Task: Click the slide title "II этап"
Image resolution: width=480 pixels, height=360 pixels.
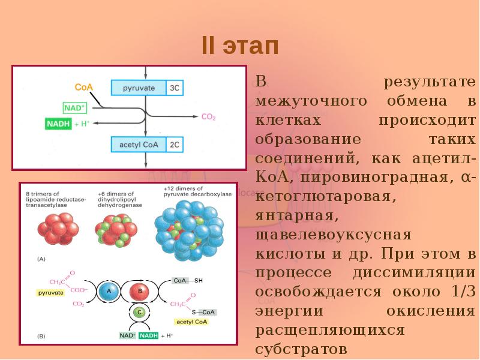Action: click(240, 46)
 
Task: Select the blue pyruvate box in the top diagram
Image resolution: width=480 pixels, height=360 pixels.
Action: click(139, 88)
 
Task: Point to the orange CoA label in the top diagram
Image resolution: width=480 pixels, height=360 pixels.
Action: click(83, 87)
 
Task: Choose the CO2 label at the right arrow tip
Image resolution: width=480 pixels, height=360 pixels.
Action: click(208, 117)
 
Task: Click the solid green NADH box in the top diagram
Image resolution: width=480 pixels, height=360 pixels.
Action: click(58, 124)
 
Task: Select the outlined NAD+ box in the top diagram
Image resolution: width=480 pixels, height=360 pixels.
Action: click(75, 108)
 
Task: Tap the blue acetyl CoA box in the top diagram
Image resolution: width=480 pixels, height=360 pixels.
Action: click(139, 144)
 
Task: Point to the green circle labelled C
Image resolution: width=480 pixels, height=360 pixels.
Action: click(139, 313)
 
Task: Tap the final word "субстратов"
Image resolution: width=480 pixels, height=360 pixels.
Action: click(301, 349)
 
